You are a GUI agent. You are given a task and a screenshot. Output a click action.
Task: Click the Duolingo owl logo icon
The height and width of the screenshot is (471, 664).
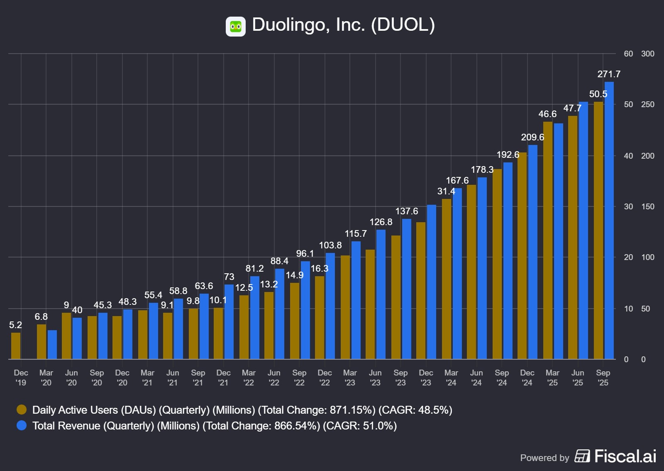click(x=235, y=27)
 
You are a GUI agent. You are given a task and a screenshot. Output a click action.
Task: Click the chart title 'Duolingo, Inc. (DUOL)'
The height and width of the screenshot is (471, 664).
click(x=343, y=25)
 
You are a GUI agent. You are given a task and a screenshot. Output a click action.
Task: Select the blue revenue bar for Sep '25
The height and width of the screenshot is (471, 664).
click(x=609, y=220)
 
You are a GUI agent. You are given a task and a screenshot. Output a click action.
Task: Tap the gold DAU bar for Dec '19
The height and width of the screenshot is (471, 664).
click(x=16, y=346)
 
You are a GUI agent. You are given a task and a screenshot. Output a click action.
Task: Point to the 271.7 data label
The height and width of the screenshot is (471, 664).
click(x=609, y=74)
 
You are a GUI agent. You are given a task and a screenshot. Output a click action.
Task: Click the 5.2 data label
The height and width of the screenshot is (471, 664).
click(x=15, y=325)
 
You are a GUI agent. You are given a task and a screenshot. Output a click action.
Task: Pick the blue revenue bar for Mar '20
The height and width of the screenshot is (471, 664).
click(x=52, y=344)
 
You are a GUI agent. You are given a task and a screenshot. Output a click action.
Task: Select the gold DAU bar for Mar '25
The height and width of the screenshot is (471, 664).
click(x=548, y=240)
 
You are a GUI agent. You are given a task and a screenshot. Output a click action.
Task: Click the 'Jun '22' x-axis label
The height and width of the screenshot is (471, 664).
click(x=274, y=378)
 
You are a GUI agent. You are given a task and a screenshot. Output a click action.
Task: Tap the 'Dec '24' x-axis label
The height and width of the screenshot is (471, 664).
click(x=527, y=378)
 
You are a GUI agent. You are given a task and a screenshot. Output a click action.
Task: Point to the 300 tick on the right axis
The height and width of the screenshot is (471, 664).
click(x=647, y=54)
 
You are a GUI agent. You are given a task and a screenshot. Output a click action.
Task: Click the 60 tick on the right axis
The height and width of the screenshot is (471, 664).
click(x=628, y=54)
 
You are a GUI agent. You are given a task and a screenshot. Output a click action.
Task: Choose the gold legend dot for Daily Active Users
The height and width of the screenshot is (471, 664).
click(x=22, y=410)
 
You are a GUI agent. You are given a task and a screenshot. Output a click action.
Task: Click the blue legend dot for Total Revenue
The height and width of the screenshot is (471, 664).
click(x=22, y=426)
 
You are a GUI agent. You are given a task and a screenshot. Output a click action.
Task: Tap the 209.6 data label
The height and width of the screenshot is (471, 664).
click(x=532, y=137)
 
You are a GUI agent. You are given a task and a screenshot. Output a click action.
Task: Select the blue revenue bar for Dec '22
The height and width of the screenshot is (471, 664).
click(x=330, y=306)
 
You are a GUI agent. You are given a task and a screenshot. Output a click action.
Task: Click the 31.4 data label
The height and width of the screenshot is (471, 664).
click(x=446, y=191)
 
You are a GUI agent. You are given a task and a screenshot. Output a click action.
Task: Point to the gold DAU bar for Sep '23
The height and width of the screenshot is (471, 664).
click(x=396, y=297)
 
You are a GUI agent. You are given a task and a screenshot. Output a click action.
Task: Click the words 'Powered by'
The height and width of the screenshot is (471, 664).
click(x=544, y=458)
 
